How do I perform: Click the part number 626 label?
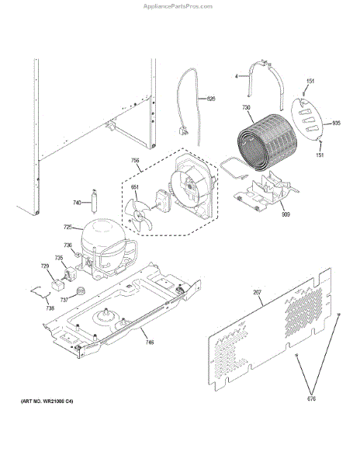tap(210, 99)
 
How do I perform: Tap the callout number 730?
tap(246, 108)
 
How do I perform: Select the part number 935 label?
tap(336, 123)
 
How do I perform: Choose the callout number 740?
tap(77, 203)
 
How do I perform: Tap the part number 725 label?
tap(67, 227)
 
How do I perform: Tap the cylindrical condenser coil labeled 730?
tap(267, 148)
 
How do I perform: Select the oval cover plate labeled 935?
tap(311, 122)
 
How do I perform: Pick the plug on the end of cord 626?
tap(185, 132)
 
